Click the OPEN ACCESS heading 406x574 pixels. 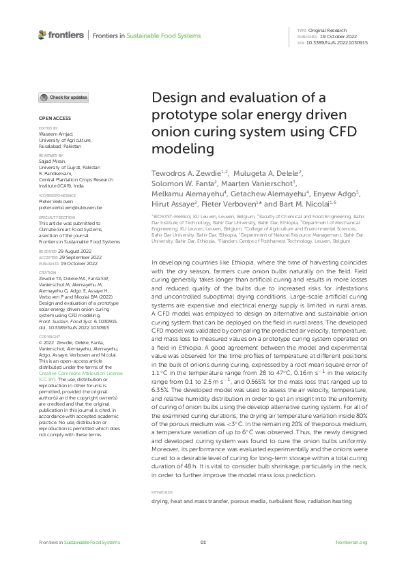50,118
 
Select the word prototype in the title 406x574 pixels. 182,113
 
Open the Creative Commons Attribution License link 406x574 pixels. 81,374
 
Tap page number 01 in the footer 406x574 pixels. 203,542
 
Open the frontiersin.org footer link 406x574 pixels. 352,542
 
